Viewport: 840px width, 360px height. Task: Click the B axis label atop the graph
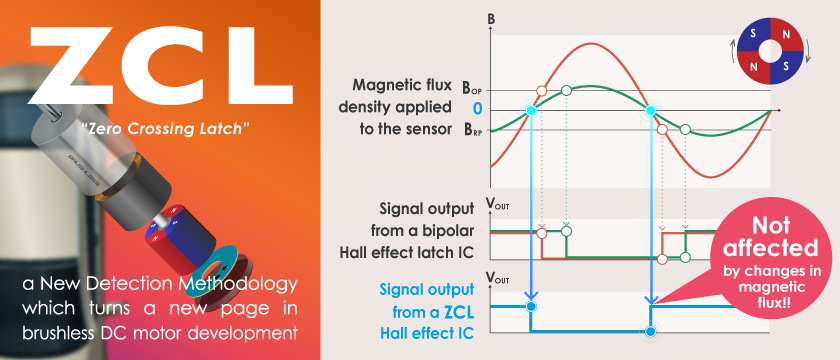click(x=491, y=20)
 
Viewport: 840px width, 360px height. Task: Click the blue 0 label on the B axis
click(x=477, y=109)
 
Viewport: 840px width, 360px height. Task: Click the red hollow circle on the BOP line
click(x=541, y=91)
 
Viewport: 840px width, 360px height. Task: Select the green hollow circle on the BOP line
click(x=566, y=91)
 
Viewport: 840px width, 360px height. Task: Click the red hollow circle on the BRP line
click(x=662, y=130)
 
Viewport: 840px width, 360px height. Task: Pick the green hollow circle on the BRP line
click(x=685, y=130)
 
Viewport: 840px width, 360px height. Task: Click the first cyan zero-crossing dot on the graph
click(x=531, y=110)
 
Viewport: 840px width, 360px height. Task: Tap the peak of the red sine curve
click(x=590, y=43)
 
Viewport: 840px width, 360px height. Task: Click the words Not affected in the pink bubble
click(x=770, y=237)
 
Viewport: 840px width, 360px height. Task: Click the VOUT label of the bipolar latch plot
click(x=497, y=204)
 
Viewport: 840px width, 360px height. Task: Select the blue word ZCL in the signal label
click(x=457, y=312)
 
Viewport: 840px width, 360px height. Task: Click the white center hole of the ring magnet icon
click(x=770, y=51)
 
